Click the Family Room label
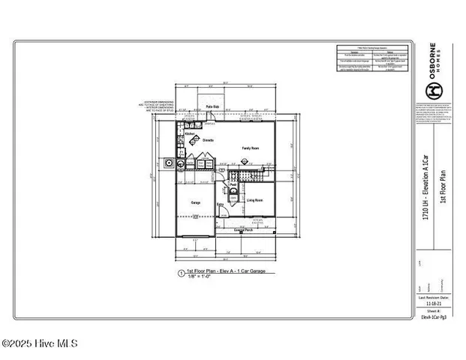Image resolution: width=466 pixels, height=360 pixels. tap(250, 148)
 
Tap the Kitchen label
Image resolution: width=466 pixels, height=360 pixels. tap(180, 134)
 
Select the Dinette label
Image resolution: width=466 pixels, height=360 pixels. tap(209, 140)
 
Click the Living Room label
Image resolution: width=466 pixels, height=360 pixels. tap(254, 200)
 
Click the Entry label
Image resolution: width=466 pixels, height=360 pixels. tap(221, 204)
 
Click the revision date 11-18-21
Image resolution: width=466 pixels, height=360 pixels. tap(434, 303)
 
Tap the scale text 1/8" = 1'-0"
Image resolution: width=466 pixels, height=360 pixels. tap(200, 277)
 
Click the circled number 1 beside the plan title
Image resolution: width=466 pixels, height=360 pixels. tap(180, 274)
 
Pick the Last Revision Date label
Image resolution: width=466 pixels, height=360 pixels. tap(434, 297)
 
